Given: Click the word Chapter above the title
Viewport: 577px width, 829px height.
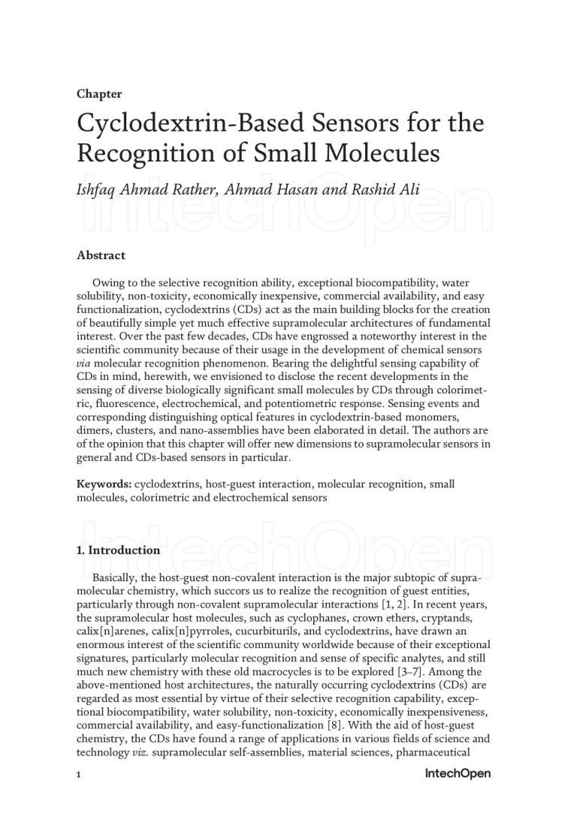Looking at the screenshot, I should click(x=99, y=94).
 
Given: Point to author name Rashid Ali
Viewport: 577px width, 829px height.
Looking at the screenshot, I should click(x=384, y=190).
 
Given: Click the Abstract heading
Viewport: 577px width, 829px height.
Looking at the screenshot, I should click(x=101, y=255).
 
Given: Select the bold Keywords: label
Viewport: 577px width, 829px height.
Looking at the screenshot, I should click(x=104, y=484).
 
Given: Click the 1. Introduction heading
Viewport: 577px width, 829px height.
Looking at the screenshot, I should click(x=118, y=550).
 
